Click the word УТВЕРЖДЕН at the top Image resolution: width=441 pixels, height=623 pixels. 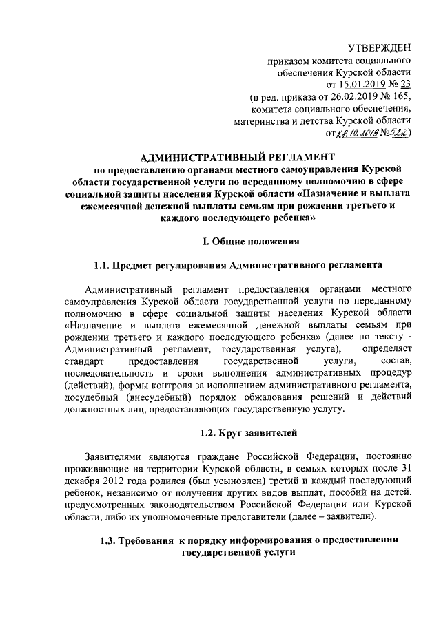380,47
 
